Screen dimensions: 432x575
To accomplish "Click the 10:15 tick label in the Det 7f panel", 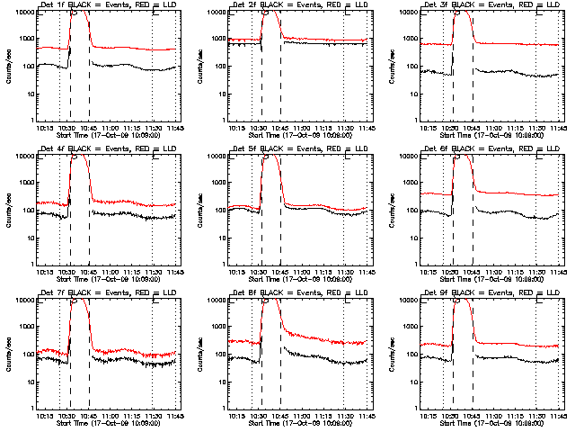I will click(45, 416).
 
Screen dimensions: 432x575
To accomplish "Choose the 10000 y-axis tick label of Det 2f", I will click(214, 13).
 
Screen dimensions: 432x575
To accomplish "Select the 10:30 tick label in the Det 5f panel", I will click(260, 272).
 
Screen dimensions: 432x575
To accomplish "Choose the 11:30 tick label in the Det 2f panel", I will click(345, 128).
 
